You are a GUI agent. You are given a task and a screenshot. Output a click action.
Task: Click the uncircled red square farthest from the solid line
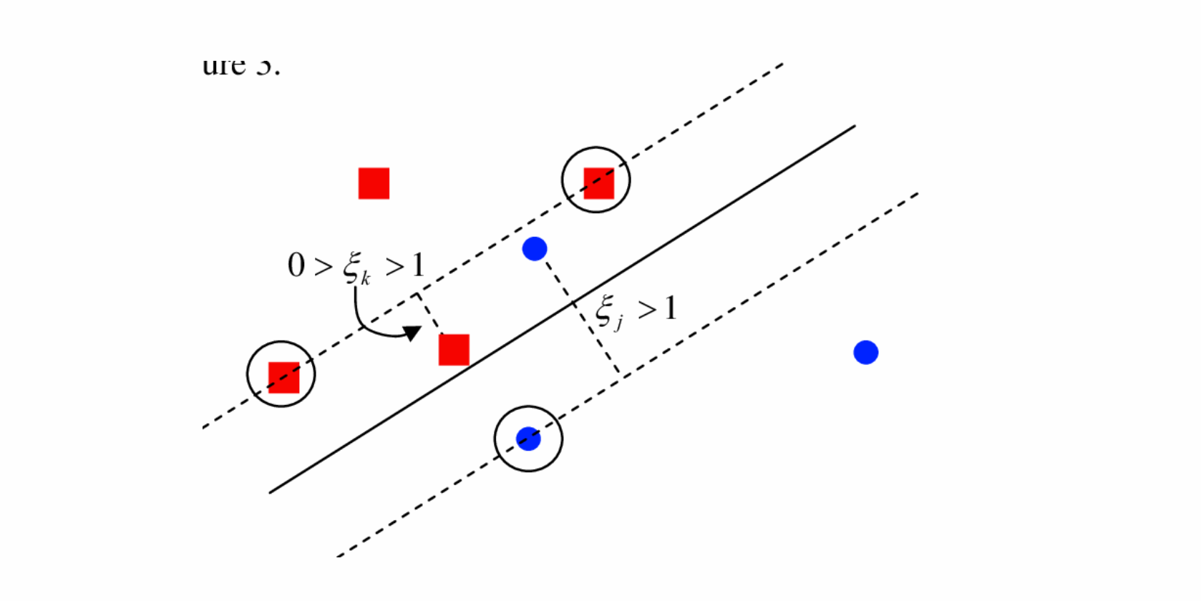[374, 183]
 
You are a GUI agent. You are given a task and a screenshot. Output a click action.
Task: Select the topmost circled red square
[598, 183]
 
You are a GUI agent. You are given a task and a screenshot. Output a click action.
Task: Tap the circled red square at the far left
[283, 377]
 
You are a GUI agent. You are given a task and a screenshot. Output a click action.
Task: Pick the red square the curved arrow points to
[454, 350]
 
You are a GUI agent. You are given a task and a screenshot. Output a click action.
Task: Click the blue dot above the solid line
[535, 248]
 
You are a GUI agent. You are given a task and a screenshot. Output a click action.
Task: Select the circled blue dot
[528, 439]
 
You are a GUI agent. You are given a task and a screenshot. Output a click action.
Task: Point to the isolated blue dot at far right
[866, 352]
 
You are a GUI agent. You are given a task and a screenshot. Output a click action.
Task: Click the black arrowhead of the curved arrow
[412, 333]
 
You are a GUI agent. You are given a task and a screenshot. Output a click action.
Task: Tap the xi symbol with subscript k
[351, 267]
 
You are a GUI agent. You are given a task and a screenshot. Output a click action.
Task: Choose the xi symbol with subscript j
[605, 310]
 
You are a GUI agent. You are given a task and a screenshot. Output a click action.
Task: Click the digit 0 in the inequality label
[296, 265]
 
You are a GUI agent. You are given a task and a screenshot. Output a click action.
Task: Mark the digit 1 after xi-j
[670, 309]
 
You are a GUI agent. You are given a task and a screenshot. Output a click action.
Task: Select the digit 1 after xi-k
[418, 265]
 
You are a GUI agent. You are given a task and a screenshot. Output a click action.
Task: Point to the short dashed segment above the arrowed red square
[429, 313]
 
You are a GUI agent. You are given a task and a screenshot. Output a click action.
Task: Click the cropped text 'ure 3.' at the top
[241, 66]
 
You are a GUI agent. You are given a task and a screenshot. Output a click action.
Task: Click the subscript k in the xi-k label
[366, 278]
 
